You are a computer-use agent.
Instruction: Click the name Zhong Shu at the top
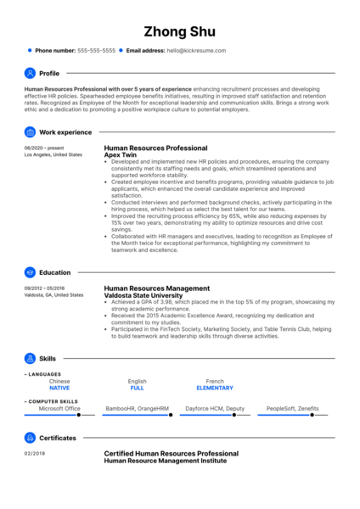click(180, 32)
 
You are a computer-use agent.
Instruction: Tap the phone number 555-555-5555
click(96, 51)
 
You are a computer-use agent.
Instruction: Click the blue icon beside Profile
click(31, 73)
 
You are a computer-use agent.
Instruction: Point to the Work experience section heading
click(65, 132)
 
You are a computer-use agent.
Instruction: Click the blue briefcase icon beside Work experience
click(31, 132)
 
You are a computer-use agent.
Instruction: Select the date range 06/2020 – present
click(43, 148)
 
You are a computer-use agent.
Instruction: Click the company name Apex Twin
click(121, 155)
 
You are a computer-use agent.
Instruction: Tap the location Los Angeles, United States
click(53, 155)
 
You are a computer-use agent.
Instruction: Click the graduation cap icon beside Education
click(31, 272)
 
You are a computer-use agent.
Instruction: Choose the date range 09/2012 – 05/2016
click(45, 288)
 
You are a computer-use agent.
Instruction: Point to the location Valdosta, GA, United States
click(54, 295)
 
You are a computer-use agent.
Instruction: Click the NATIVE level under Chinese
click(59, 388)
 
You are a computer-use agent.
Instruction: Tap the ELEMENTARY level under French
click(216, 388)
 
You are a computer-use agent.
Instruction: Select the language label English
click(137, 381)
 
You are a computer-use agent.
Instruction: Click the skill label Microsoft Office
click(59, 408)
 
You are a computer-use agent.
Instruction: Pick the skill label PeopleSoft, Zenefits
click(292, 408)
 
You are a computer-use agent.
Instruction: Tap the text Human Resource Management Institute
click(166, 461)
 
